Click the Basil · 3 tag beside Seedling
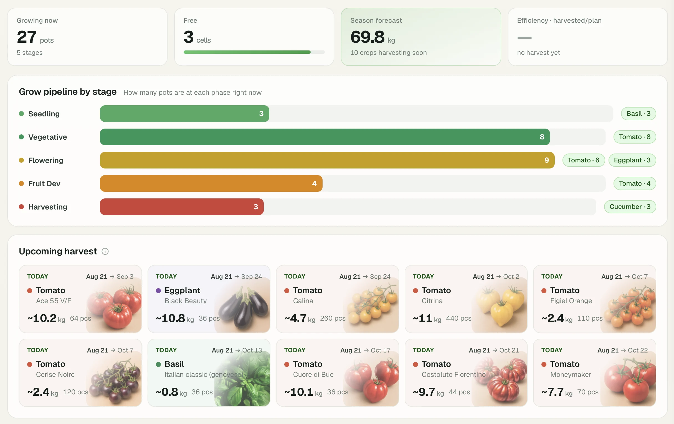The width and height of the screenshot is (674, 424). [x=638, y=114]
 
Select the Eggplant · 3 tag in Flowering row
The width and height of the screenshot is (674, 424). [x=632, y=160]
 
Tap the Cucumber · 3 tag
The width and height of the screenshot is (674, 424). [x=630, y=207]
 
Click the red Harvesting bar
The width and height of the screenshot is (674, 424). [x=182, y=207]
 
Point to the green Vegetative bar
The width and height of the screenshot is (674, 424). [x=325, y=137]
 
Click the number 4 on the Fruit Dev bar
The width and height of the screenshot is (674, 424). [x=314, y=183]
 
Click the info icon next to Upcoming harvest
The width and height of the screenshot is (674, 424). [x=105, y=251]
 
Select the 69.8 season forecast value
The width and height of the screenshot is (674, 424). [x=367, y=37]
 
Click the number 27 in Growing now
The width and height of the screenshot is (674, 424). [x=27, y=37]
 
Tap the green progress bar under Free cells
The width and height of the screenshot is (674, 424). [x=247, y=52]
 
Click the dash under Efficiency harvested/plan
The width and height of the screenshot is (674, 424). [x=524, y=38]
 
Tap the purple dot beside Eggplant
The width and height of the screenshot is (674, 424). [x=158, y=291]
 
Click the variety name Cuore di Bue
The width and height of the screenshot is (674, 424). [x=313, y=374]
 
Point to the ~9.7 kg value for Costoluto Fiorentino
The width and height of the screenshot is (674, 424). [x=428, y=392]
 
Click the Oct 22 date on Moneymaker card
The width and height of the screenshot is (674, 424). [x=638, y=350]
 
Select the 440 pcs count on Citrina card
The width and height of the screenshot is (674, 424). [x=458, y=318]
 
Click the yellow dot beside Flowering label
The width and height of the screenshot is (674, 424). [x=21, y=160]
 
